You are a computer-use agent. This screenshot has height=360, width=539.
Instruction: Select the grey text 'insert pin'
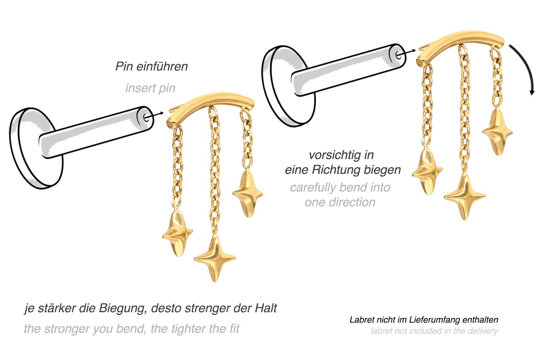(x=150, y=88)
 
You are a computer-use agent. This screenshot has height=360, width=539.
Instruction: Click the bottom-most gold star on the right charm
(x=464, y=196)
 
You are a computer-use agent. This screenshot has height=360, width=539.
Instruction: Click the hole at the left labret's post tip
(x=146, y=117)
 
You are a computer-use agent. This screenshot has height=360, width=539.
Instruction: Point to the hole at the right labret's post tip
(x=399, y=55)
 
